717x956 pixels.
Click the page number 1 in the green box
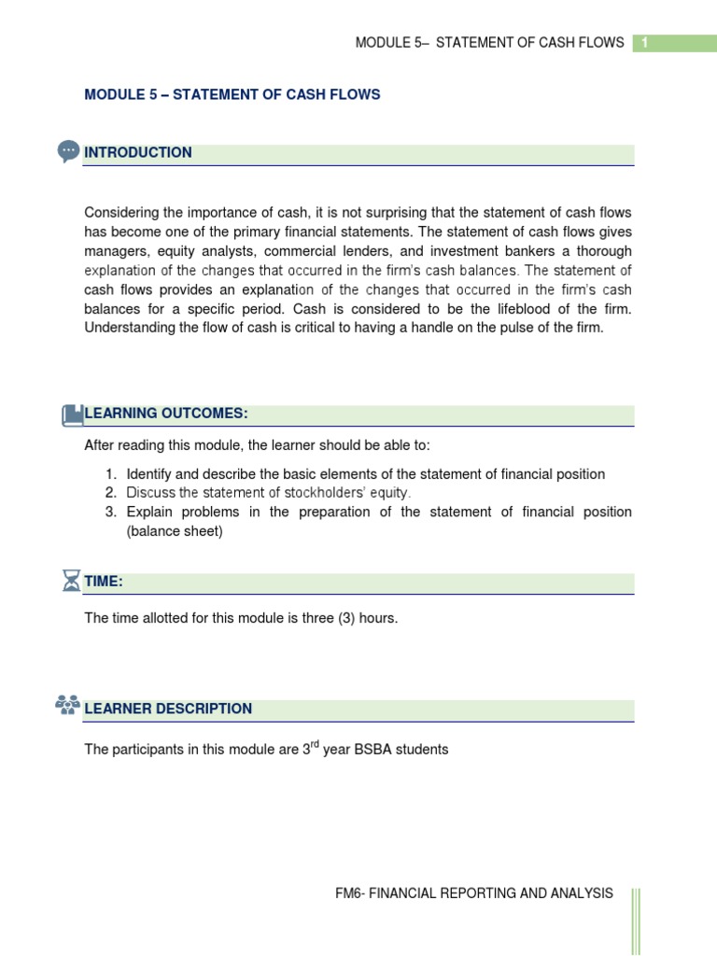[644, 43]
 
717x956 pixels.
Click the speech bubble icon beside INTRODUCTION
[68, 151]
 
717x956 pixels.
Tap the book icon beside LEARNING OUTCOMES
[72, 415]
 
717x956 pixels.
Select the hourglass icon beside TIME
[71, 582]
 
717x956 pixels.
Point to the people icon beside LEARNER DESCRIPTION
[67, 707]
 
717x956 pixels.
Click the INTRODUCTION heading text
[138, 153]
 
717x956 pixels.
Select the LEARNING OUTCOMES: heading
[166, 414]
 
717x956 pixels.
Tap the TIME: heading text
[104, 582]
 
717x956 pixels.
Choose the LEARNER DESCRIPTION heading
[168, 709]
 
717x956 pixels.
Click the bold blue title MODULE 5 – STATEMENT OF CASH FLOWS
[232, 95]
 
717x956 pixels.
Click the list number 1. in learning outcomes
[110, 474]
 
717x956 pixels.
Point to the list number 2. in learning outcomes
[110, 493]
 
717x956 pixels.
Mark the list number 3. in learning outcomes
[110, 512]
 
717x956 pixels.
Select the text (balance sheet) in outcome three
[175, 531]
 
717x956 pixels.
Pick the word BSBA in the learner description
[374, 750]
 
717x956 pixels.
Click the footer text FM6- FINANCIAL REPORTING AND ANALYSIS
[474, 893]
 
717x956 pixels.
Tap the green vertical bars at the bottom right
[636, 920]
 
